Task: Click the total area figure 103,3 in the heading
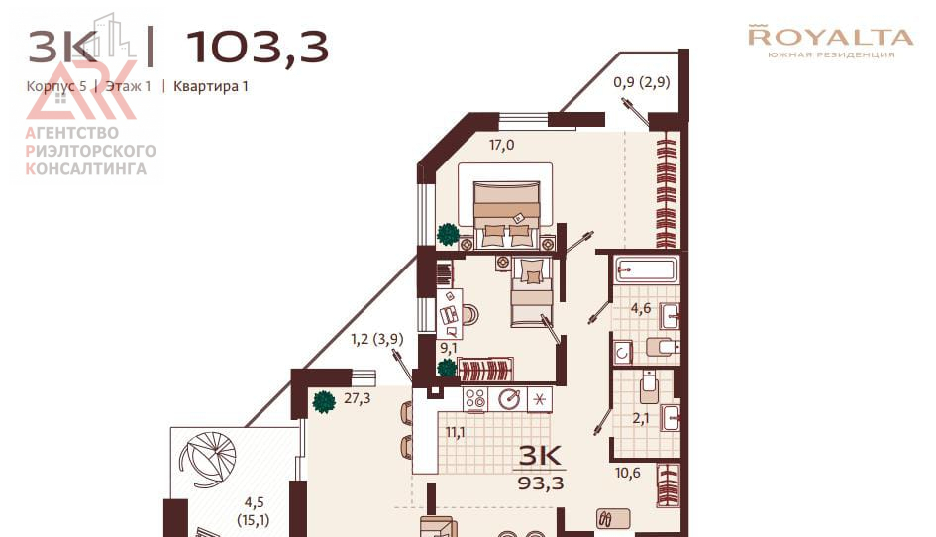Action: [x=258, y=48]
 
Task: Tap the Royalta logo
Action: [x=830, y=42]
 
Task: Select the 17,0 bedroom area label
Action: [x=501, y=145]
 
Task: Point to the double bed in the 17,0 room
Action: [x=506, y=214]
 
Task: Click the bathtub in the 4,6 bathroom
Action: [x=646, y=270]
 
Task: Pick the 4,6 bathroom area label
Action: [x=641, y=309]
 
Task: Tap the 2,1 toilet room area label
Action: [x=641, y=418]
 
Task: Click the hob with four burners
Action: [x=475, y=399]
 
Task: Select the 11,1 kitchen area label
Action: [x=456, y=432]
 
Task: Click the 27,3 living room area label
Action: [x=357, y=398]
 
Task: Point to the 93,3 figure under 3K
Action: [x=540, y=483]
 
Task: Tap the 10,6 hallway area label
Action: [x=627, y=473]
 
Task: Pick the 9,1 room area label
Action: [x=449, y=348]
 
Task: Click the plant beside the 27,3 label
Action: [x=324, y=401]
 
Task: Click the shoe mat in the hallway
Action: [x=613, y=518]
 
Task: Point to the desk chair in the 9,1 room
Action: [x=469, y=314]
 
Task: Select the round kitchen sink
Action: [x=509, y=399]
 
